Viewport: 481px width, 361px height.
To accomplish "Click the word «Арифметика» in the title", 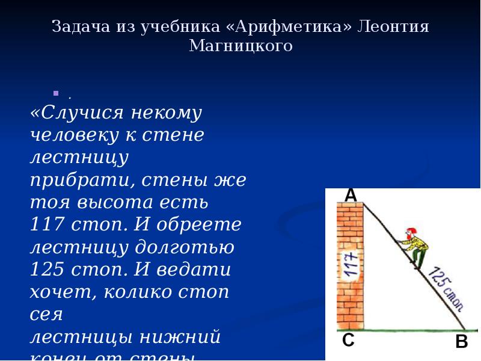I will click(291, 27).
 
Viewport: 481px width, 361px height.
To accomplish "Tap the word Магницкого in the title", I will click(240, 46).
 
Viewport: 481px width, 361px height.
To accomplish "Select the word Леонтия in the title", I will click(394, 27).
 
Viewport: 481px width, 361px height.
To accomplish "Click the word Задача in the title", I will click(80, 27).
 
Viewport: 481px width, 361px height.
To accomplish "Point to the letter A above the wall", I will click(351, 195).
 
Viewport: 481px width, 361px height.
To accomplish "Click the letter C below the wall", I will click(348, 341).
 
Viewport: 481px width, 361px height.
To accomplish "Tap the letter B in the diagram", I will click(461, 342).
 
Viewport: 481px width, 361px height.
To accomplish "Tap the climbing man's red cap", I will click(411, 232).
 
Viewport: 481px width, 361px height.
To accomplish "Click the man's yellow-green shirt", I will click(418, 244).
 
